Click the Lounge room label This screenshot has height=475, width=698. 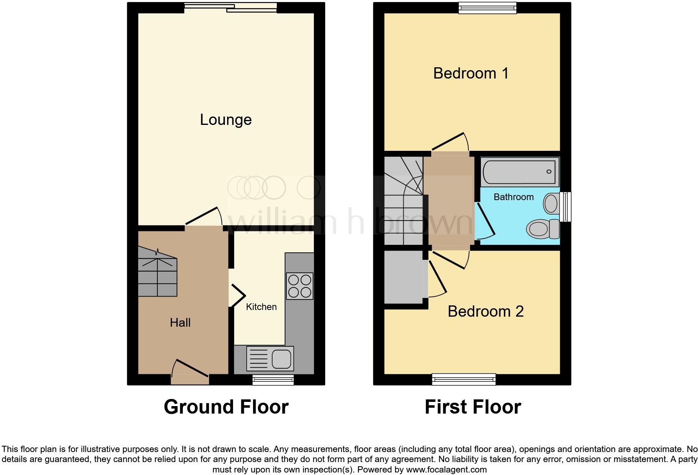[225, 120]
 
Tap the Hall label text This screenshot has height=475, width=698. [180, 323]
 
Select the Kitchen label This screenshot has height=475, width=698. [261, 307]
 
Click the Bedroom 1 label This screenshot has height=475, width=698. [470, 74]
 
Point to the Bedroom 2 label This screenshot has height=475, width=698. [485, 312]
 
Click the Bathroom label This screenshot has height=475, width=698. [513, 197]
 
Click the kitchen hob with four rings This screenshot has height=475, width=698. [299, 286]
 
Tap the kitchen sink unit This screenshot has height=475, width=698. [270, 358]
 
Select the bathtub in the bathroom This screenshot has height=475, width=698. [520, 172]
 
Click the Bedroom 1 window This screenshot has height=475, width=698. [487, 8]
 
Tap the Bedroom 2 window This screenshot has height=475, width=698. [464, 379]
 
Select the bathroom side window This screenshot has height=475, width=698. [566, 206]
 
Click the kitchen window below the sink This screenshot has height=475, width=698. [273, 379]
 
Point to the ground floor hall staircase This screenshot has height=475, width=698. [157, 272]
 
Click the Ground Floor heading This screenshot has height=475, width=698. [226, 407]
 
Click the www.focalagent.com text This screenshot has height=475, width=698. [446, 470]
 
